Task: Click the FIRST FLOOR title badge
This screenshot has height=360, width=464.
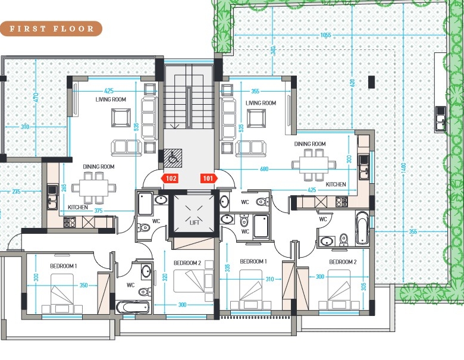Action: click(51, 29)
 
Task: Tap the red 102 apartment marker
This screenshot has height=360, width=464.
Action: click(170, 179)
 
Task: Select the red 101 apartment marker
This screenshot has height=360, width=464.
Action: click(209, 179)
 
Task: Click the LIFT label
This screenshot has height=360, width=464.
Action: click(194, 223)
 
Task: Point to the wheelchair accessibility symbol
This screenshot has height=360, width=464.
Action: click(173, 157)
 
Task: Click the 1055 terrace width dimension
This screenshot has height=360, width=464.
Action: click(325, 35)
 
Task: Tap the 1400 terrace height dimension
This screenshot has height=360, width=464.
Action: click(405, 168)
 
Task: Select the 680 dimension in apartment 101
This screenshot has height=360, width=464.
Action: click(264, 169)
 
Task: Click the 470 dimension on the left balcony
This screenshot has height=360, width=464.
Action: click(36, 98)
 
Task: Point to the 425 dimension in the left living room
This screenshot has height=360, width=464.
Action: click(109, 91)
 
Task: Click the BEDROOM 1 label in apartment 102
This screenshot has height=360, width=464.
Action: click(63, 266)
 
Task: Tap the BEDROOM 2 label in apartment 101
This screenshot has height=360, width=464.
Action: click(343, 262)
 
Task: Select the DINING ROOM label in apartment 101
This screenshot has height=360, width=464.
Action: click(310, 144)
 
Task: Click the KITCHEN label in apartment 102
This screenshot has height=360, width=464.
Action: click(78, 207)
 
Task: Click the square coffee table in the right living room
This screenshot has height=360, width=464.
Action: click(256, 119)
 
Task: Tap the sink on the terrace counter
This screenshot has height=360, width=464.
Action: click(440, 119)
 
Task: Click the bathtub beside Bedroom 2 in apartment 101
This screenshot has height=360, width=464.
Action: click(362, 228)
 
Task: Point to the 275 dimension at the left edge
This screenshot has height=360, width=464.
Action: click(16, 192)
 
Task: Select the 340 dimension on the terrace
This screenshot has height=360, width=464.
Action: click(273, 51)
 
